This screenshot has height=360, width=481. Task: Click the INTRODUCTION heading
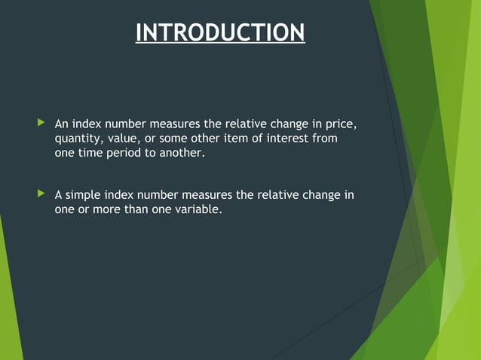click(220, 33)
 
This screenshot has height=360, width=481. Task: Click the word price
click(340, 123)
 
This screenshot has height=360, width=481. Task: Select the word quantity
click(79, 139)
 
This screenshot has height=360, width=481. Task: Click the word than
click(130, 210)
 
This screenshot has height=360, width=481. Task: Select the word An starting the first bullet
click(62, 123)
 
